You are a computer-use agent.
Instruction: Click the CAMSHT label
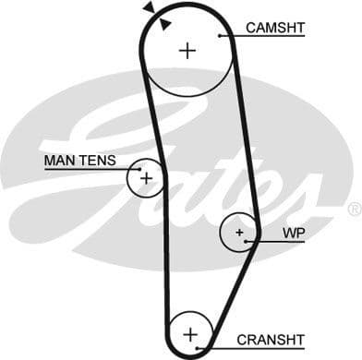click(x=274, y=28)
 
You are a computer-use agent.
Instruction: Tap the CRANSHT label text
click(x=270, y=340)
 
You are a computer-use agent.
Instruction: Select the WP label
click(x=295, y=233)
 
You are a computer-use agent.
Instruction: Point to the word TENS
click(x=97, y=161)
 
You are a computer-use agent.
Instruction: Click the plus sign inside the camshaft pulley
click(x=187, y=50)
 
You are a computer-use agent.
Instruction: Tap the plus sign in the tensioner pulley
click(x=145, y=175)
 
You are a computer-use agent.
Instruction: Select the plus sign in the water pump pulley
click(x=239, y=233)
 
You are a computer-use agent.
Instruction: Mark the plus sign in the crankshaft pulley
click(x=190, y=333)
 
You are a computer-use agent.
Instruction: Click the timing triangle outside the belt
click(x=149, y=7)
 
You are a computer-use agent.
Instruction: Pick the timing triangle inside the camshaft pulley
click(x=164, y=23)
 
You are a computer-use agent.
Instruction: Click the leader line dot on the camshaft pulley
click(x=220, y=36)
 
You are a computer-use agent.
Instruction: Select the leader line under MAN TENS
click(x=83, y=169)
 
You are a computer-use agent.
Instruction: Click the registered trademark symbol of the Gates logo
click(x=354, y=210)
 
